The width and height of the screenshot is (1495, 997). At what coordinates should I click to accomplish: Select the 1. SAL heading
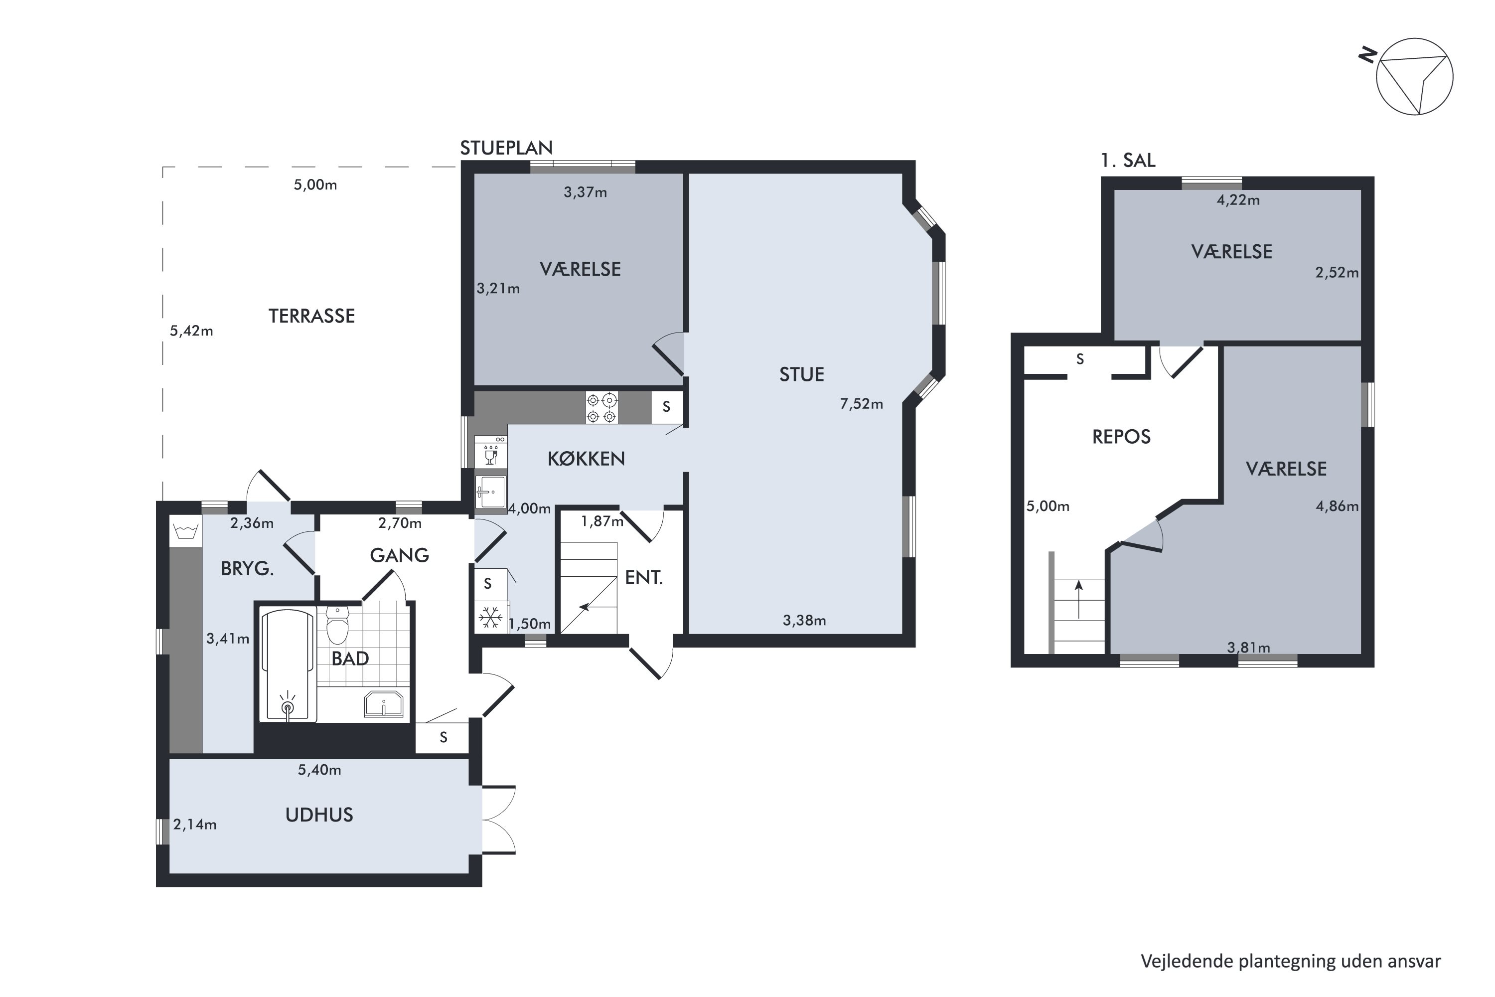tap(1128, 160)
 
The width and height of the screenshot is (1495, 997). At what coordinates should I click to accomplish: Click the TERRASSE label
tap(311, 316)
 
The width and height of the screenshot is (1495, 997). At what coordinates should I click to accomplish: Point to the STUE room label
tap(801, 374)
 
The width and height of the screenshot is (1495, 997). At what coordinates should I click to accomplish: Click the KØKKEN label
tap(586, 459)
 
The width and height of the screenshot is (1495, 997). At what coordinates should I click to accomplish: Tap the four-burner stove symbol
tap(601, 408)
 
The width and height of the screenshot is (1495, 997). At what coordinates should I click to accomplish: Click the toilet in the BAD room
tap(337, 625)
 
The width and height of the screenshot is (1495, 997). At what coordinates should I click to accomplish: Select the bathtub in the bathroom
tap(289, 665)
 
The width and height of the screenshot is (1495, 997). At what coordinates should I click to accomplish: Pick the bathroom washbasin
tap(383, 704)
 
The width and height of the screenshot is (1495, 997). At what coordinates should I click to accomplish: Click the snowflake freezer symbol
tap(491, 618)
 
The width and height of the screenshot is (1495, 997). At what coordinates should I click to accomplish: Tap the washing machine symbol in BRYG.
tap(185, 531)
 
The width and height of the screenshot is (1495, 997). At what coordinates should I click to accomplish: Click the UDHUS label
tap(319, 815)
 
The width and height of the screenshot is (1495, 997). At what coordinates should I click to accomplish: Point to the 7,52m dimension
tap(861, 404)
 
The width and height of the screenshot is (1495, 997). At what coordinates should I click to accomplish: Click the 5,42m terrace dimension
tap(191, 331)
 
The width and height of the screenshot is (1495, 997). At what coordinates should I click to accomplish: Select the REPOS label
tap(1121, 437)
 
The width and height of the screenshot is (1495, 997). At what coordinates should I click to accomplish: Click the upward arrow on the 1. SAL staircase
tap(1079, 599)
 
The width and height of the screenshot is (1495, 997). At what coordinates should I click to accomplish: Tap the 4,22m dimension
tap(1238, 200)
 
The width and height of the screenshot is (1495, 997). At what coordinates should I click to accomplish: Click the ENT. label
tap(644, 577)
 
